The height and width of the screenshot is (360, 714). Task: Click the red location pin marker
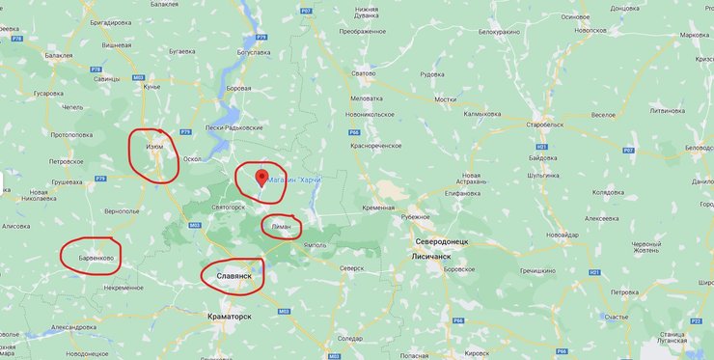[261, 177]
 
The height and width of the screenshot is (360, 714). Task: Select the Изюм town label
[154, 147]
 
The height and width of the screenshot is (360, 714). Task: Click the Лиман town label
[281, 225]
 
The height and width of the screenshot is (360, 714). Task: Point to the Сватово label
[363, 73]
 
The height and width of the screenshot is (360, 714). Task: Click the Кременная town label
[379, 208]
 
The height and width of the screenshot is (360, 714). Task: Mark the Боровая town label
[238, 89]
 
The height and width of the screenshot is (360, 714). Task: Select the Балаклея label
[58, 55]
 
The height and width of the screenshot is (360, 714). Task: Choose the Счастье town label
[616, 316]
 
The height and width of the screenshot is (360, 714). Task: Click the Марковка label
[695, 36]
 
